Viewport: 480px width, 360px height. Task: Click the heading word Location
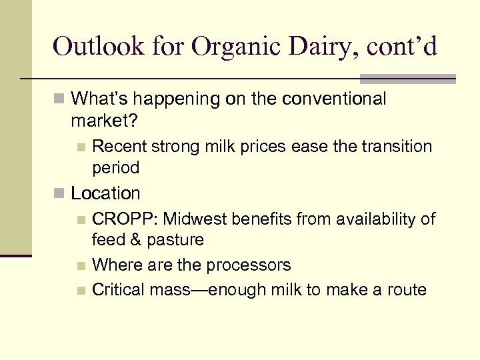coord(105,194)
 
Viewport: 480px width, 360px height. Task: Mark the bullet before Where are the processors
coord(81,266)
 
